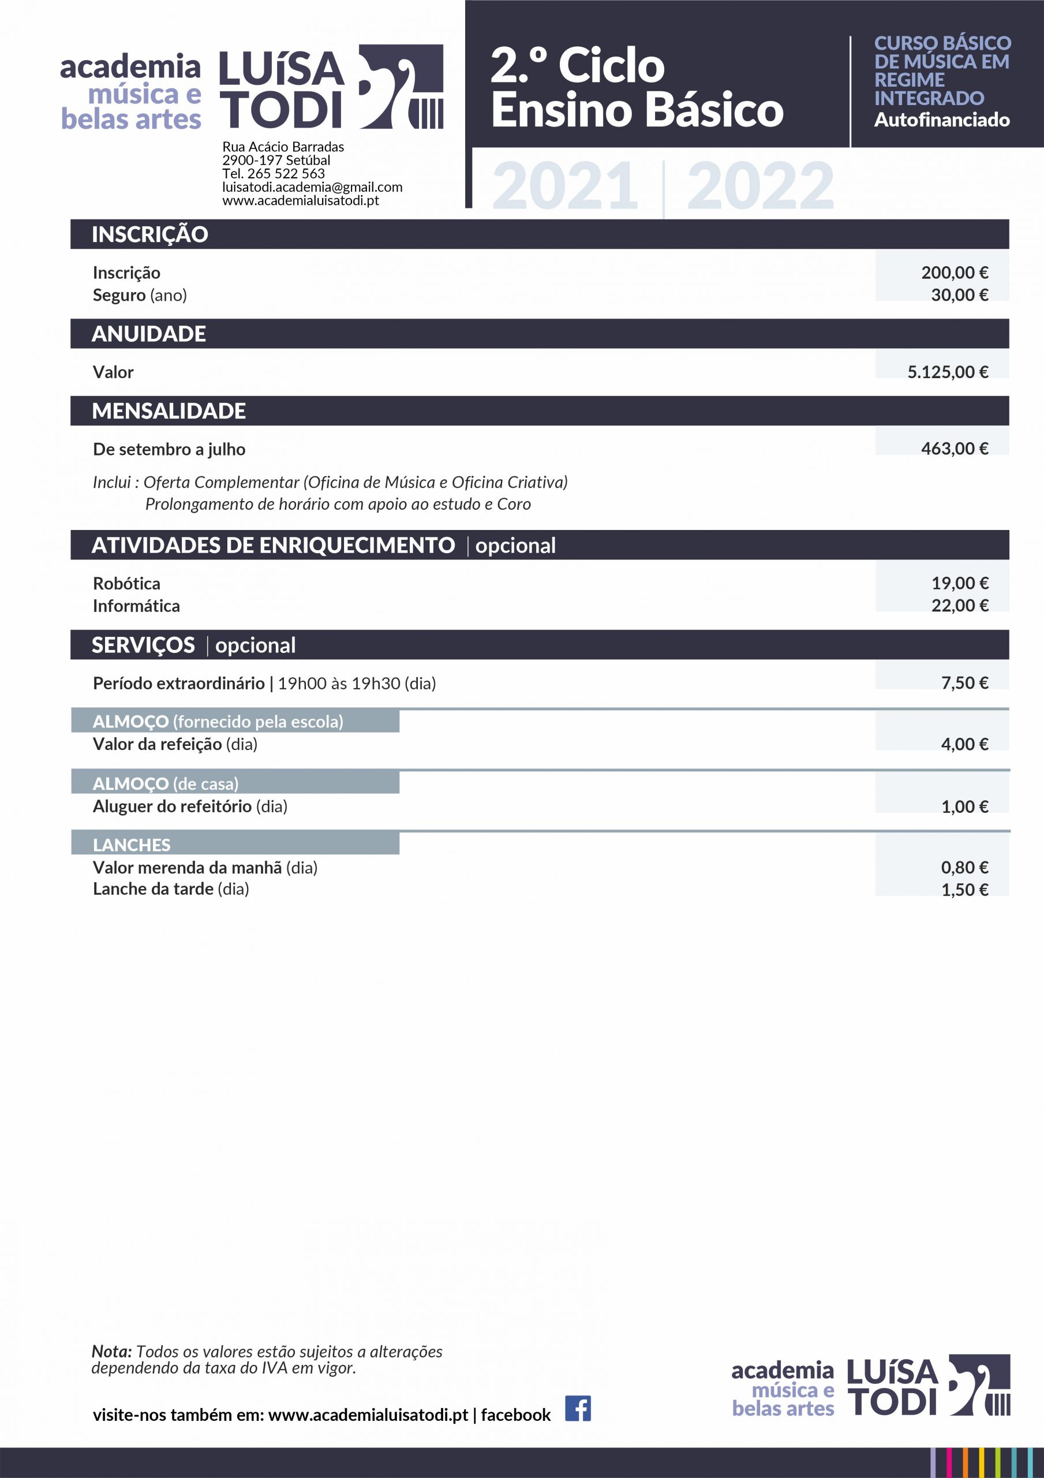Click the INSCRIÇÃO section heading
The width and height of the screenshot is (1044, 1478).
pyautogui.click(x=149, y=234)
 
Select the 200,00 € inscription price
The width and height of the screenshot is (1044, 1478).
pyautogui.click(x=954, y=273)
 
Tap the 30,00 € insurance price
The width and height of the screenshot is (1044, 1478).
pyautogui.click(x=959, y=295)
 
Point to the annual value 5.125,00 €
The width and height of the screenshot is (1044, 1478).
pyautogui.click(x=948, y=372)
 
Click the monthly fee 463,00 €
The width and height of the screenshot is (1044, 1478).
pyautogui.click(x=954, y=449)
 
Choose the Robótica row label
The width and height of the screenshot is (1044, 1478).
pyautogui.click(x=126, y=583)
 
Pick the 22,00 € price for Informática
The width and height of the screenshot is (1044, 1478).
pyautogui.click(x=959, y=605)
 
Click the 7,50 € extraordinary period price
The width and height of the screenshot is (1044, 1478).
pyautogui.click(x=964, y=682)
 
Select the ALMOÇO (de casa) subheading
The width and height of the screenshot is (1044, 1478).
pyautogui.click(x=166, y=783)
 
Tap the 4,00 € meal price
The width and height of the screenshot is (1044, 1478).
pyautogui.click(x=964, y=744)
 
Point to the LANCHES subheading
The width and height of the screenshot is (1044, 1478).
pyautogui.click(x=132, y=845)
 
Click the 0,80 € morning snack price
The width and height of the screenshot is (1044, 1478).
pyautogui.click(x=964, y=867)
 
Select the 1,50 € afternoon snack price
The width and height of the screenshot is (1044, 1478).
pyautogui.click(x=964, y=890)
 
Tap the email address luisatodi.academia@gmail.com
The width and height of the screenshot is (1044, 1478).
pyautogui.click(x=312, y=186)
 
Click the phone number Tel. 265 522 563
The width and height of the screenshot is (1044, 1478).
pyautogui.click(x=274, y=174)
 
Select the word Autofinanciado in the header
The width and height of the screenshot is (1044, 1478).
pyautogui.click(x=941, y=120)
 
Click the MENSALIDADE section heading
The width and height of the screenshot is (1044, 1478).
pyautogui.click(x=169, y=410)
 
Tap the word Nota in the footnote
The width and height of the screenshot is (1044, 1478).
pyautogui.click(x=111, y=1351)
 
